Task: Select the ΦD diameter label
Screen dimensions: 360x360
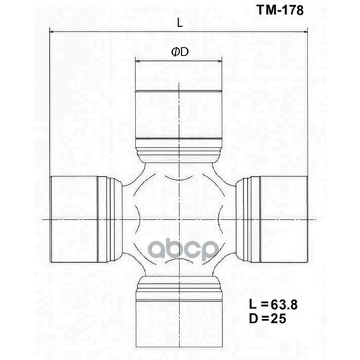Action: point(179,53)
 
